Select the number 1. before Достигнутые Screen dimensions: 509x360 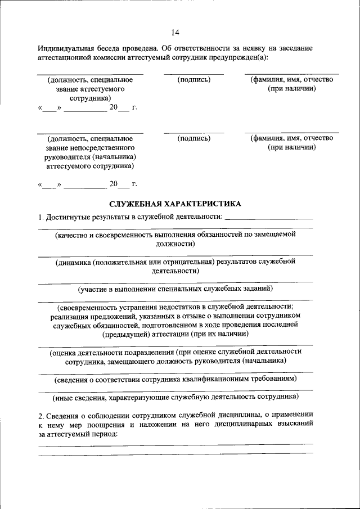(40, 217)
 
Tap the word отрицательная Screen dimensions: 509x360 (190, 262)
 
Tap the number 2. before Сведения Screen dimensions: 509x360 (41, 416)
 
